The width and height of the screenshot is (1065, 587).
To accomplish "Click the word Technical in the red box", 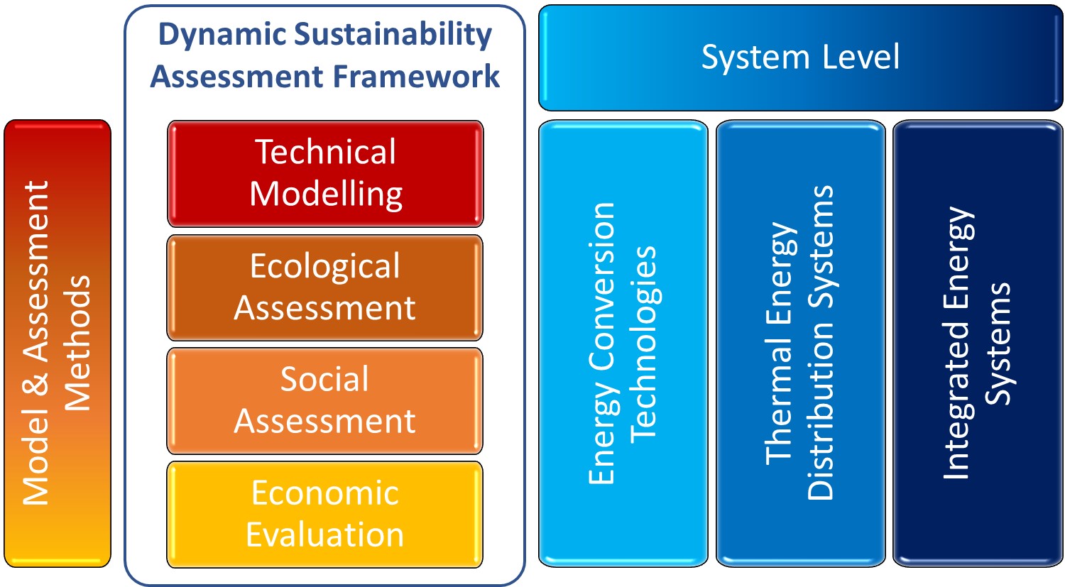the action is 325,152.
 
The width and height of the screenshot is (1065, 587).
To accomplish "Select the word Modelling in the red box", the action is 326,195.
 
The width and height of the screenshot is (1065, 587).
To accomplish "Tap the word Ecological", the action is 325,267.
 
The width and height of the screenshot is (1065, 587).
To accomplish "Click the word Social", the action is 324,379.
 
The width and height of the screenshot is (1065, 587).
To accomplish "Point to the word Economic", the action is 325,493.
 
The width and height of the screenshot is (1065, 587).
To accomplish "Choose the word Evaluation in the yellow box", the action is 325,534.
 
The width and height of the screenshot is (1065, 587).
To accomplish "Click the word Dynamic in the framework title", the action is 222,35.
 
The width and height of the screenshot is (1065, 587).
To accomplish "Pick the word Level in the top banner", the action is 861,57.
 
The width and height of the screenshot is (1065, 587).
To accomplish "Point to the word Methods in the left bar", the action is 77,343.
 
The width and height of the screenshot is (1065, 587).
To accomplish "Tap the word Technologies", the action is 644,345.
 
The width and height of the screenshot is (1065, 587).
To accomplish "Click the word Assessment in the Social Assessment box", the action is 324,422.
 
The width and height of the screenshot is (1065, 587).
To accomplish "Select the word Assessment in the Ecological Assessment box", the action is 324,309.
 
